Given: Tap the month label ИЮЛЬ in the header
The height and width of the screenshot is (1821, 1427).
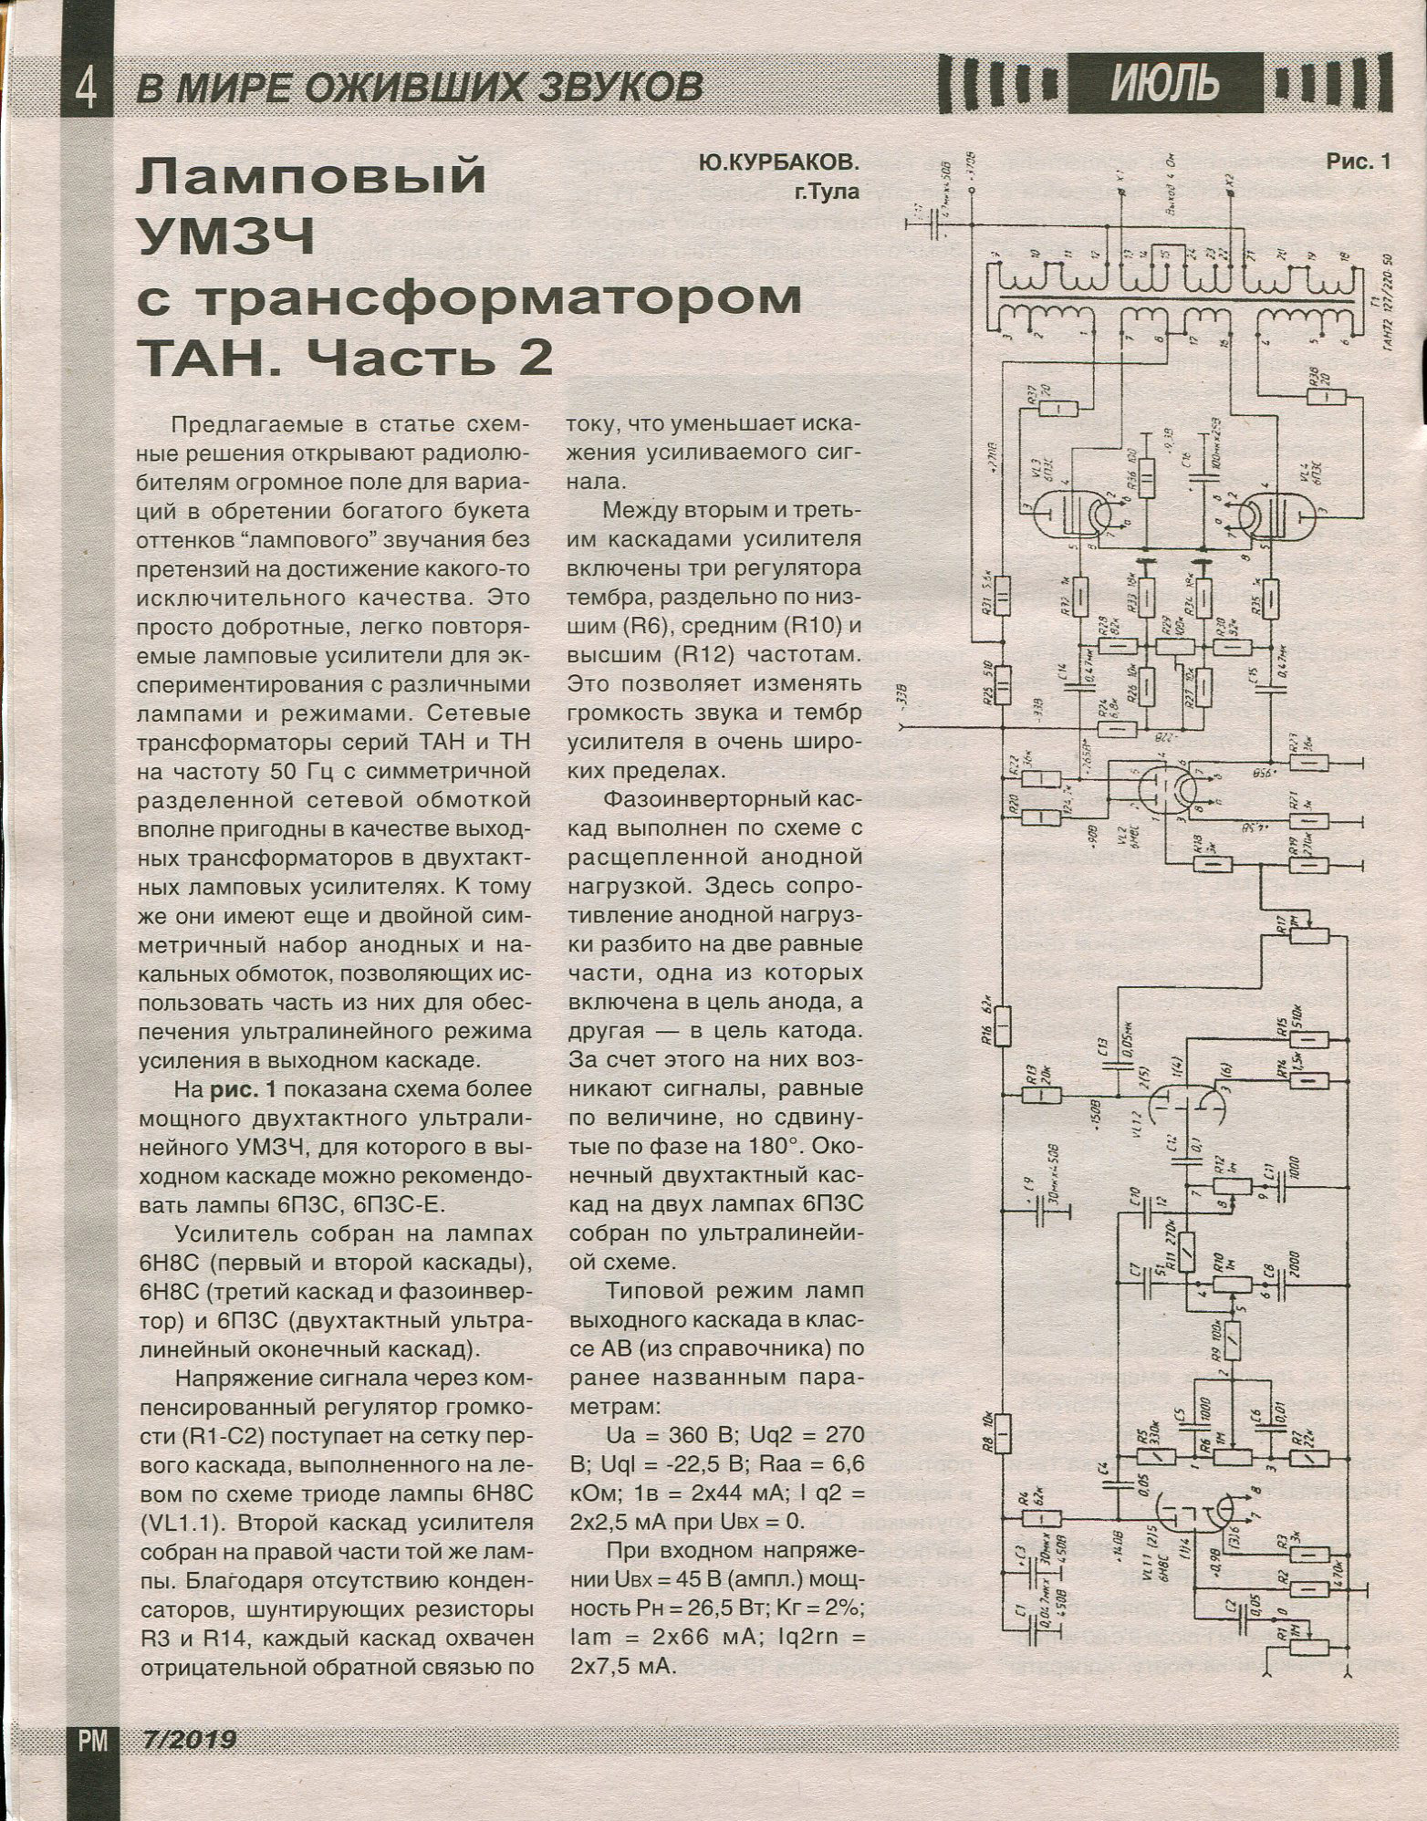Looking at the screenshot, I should click(1165, 84).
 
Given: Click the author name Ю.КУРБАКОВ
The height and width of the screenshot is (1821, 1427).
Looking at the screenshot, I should click(780, 164).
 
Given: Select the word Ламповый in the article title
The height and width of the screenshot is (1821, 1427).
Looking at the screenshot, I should click(310, 179).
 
